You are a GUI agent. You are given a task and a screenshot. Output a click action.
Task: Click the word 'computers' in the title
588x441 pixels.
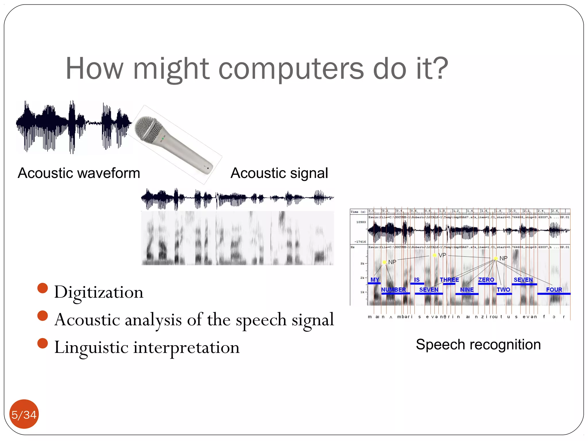(291, 69)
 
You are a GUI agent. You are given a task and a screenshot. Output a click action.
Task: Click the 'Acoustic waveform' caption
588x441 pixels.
(79, 173)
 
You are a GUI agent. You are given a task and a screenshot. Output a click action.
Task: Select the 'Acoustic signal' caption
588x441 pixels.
(279, 173)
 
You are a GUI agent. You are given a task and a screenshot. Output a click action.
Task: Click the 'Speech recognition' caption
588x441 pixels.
(478, 344)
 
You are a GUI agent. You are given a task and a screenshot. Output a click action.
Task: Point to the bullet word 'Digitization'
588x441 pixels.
(98, 292)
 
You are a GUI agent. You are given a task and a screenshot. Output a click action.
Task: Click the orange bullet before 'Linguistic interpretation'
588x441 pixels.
(42, 343)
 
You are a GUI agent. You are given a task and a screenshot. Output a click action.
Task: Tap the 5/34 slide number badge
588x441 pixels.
(24, 414)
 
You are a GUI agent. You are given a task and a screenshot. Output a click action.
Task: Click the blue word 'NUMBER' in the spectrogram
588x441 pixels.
(393, 289)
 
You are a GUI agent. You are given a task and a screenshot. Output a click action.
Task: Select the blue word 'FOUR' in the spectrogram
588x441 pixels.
(554, 289)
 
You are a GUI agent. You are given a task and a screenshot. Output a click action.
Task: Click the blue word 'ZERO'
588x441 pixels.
(486, 280)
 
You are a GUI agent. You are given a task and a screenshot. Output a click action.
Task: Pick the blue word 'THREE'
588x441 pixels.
(449, 280)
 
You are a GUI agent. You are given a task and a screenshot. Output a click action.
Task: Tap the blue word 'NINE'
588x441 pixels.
(467, 289)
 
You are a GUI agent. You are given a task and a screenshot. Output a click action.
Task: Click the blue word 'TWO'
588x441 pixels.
(503, 289)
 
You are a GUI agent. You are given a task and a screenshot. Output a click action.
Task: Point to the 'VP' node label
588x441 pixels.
(442, 255)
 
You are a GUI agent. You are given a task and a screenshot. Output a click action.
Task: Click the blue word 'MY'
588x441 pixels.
(375, 280)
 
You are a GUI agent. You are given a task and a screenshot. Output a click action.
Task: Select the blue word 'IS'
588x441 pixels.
(417, 280)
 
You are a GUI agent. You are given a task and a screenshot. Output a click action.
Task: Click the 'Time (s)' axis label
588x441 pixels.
(358, 212)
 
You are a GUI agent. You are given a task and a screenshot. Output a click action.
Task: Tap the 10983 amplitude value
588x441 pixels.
(361, 222)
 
